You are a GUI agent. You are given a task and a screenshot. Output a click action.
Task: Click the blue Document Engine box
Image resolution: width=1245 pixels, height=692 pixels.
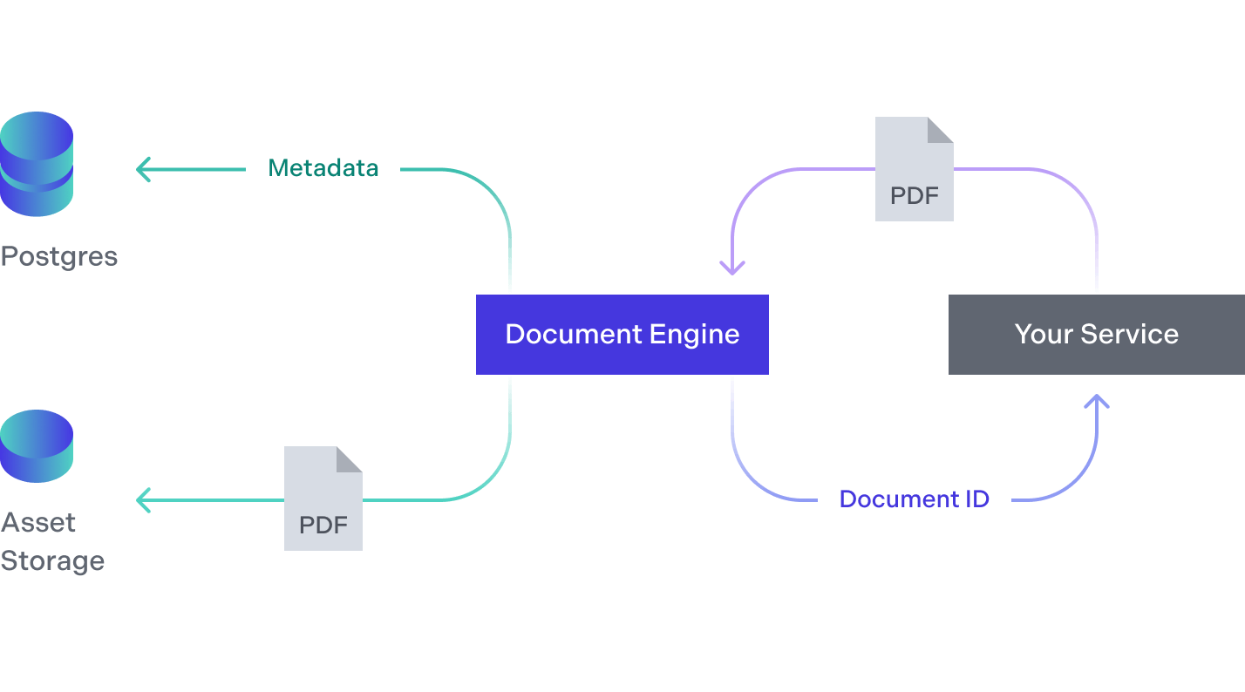pyautogui.click(x=622, y=335)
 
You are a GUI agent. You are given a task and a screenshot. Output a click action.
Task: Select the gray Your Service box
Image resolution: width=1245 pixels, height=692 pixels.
pyautogui.click(x=1096, y=335)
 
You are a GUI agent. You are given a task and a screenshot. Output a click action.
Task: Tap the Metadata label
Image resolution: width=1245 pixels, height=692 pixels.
pyautogui.click(x=323, y=168)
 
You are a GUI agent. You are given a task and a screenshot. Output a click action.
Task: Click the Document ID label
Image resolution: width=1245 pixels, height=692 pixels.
pyautogui.click(x=914, y=499)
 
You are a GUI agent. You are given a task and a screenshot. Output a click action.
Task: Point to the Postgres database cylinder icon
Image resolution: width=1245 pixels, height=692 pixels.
pyautogui.click(x=37, y=164)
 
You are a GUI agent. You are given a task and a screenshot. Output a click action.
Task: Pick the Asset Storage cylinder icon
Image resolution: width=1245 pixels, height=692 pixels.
pyautogui.click(x=37, y=446)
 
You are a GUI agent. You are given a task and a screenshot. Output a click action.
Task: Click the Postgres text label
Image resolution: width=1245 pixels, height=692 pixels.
pyautogui.click(x=59, y=257)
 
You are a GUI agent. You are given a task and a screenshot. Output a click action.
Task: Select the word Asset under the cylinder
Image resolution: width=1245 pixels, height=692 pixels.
pyautogui.click(x=38, y=523)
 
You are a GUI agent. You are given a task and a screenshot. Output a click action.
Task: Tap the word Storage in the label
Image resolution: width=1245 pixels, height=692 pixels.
pyautogui.click(x=52, y=561)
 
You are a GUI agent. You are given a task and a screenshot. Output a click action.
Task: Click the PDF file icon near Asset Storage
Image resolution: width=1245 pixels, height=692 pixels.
pyautogui.click(x=323, y=499)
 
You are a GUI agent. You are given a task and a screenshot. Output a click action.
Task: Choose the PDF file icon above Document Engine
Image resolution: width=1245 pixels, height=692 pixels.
pyautogui.click(x=914, y=169)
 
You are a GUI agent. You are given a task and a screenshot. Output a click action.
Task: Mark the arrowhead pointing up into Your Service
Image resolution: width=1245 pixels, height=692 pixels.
pyautogui.click(x=1097, y=402)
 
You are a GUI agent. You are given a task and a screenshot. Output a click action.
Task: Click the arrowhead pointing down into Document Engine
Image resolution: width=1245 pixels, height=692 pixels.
pyautogui.click(x=732, y=267)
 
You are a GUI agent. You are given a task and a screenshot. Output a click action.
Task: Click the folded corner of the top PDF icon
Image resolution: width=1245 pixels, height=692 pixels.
pyautogui.click(x=941, y=130)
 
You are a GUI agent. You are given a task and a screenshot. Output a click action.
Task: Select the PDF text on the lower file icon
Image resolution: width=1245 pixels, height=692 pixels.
pyautogui.click(x=323, y=526)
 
